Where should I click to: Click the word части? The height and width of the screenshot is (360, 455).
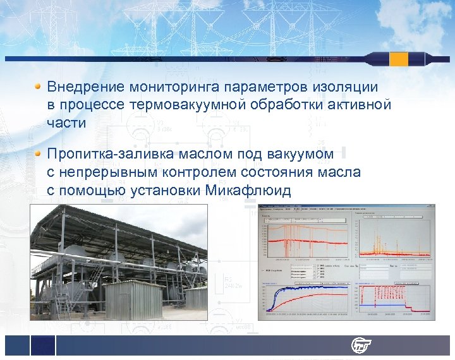66,123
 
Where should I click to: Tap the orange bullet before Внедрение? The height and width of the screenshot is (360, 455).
38,85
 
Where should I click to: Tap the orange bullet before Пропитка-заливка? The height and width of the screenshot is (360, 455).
38,153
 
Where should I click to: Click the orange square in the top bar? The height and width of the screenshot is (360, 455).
399,59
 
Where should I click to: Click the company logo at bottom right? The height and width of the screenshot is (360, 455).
362,345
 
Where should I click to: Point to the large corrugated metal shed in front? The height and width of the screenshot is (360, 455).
134,299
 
